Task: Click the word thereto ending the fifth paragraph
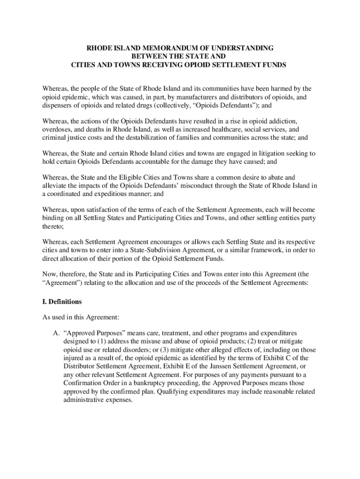coord(53,225)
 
